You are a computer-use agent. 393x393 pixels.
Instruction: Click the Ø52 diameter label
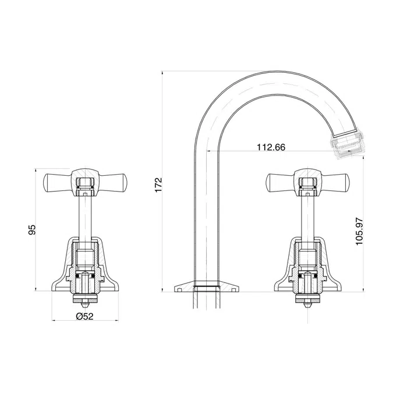84,316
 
